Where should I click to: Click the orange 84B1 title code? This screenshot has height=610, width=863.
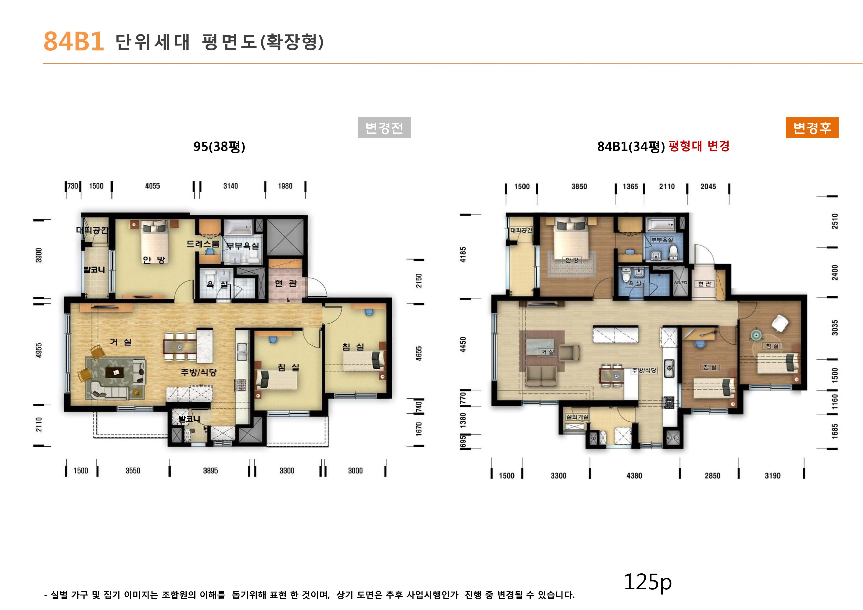click(74, 41)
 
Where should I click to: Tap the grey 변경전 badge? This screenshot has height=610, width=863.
click(384, 128)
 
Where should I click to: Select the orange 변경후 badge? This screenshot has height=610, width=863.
click(812, 128)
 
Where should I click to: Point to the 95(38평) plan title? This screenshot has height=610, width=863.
click(219, 146)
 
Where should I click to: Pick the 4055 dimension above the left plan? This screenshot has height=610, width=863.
click(152, 186)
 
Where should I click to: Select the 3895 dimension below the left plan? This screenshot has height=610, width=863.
click(211, 471)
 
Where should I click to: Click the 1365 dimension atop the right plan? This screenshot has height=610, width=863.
click(630, 186)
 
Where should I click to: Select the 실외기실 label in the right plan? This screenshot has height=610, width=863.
click(577, 417)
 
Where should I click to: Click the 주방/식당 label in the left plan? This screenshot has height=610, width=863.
click(198, 372)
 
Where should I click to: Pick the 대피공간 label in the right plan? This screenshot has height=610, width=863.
click(521, 230)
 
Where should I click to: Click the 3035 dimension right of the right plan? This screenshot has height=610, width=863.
click(835, 327)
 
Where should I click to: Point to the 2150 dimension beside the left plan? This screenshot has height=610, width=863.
click(418, 281)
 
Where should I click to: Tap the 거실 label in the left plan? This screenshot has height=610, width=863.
click(121, 342)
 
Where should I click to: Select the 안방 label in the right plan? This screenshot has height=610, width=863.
click(572, 260)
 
